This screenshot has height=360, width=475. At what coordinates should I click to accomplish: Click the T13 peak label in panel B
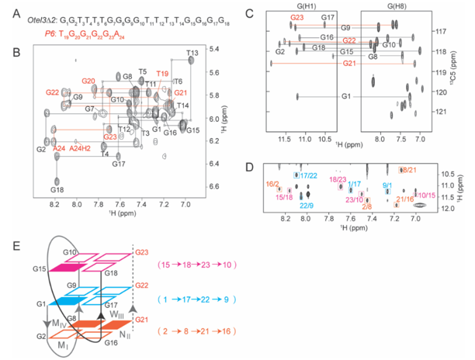coord(194,52)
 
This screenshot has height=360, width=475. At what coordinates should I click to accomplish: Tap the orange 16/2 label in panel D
coord(272,185)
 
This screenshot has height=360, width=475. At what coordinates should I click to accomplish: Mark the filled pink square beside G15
coord(73,269)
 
